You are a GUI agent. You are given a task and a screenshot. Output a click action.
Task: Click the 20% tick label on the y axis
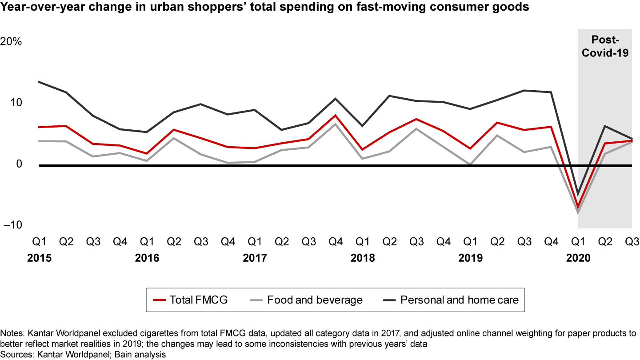point(11,42)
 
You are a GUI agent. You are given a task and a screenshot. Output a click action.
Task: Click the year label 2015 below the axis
point(39,258)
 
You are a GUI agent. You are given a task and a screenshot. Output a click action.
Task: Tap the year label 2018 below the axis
point(363,258)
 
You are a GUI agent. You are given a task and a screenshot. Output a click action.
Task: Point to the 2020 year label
point(578,258)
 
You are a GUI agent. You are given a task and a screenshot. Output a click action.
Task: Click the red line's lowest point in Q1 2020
point(578,208)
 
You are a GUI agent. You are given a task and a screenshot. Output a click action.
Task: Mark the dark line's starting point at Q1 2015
point(39,82)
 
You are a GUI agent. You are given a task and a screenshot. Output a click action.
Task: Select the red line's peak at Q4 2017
point(336,116)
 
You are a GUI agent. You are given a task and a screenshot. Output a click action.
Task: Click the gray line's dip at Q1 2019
point(470,164)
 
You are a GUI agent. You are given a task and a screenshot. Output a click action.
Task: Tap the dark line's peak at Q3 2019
point(524,91)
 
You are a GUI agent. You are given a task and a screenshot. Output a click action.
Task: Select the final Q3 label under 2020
point(632,242)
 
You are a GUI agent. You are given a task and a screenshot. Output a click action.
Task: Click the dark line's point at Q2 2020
point(605,126)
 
